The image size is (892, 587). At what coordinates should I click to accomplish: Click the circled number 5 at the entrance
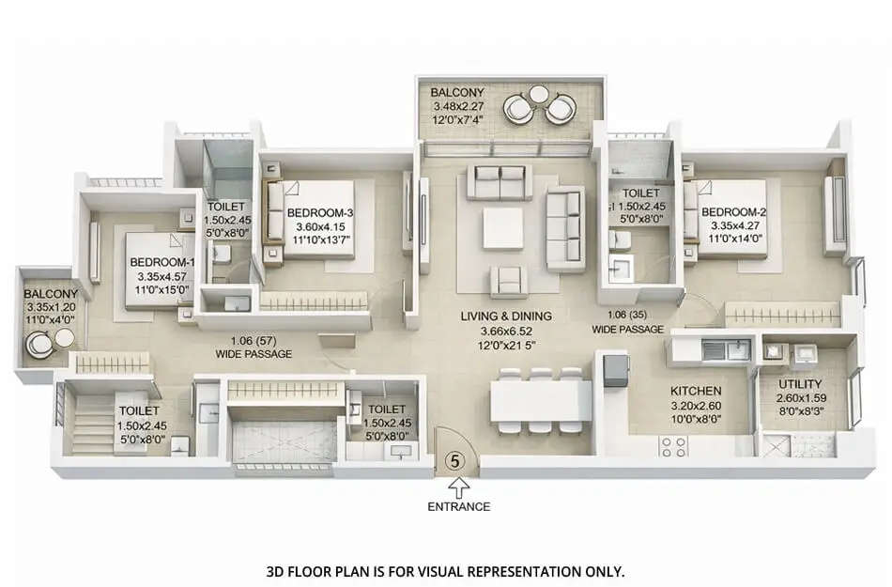[455, 461]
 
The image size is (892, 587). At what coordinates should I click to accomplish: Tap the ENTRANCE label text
[459, 506]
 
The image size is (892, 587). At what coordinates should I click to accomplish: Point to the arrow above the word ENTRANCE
[459, 487]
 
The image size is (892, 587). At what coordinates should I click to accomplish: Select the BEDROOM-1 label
[162, 261]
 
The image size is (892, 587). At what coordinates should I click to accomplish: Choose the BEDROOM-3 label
[320, 211]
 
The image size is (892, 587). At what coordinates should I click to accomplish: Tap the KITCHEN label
[695, 391]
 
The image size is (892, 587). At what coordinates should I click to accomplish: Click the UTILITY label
[800, 384]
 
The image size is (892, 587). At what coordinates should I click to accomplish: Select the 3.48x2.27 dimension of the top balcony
[456, 107]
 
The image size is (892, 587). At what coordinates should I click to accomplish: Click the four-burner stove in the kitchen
[674, 446]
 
